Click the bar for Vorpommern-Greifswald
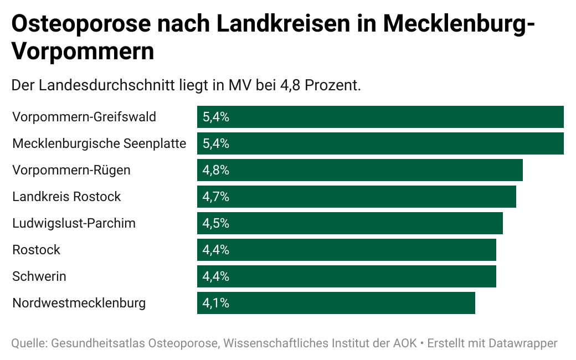coord(380,117)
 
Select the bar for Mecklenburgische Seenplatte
coord(380,143)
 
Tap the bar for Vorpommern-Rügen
coord(360,170)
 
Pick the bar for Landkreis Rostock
coord(357,197)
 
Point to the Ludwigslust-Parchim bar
coord(350,223)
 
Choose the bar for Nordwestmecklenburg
coord(336,303)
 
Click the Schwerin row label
coord(39,276)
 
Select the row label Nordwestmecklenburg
coord(79,303)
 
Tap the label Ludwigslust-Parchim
coord(74,223)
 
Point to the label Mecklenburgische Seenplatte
coord(99,143)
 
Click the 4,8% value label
coord(216,170)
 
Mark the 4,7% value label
coord(216,197)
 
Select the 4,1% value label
coord(216,303)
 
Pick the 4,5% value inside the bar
coord(216,223)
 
